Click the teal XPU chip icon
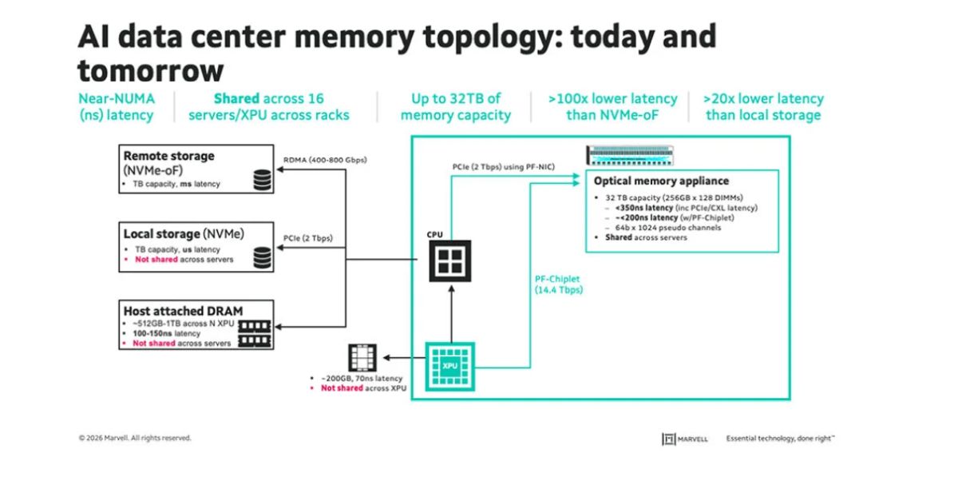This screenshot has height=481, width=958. (450, 366)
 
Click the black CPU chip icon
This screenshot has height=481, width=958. (450, 261)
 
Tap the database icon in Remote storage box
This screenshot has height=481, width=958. (262, 180)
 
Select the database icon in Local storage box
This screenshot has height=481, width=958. (262, 257)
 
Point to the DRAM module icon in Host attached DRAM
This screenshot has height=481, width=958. (255, 334)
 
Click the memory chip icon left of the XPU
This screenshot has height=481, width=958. (362, 357)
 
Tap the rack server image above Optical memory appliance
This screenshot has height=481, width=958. (630, 155)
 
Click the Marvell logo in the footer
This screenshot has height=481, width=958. (685, 439)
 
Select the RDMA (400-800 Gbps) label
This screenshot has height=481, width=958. (325, 160)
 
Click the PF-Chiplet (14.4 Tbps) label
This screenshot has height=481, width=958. (559, 284)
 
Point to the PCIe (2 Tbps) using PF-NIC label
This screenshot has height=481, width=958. (504, 167)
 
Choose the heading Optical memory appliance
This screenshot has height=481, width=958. (661, 181)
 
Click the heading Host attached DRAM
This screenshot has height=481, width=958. (183, 311)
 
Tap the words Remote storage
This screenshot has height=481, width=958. (169, 156)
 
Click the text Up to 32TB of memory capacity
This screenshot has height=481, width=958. (456, 107)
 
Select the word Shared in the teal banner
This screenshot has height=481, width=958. (236, 99)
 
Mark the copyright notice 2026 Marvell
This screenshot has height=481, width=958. (135, 438)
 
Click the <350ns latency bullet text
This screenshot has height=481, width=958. (644, 208)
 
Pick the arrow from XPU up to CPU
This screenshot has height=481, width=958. (451, 314)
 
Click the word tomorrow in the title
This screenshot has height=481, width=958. (151, 71)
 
